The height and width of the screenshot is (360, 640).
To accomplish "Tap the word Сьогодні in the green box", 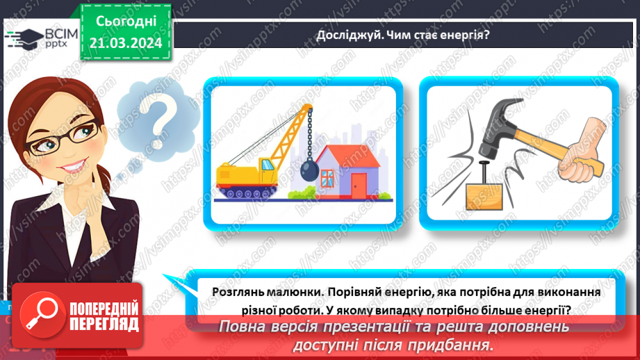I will tap(126, 23).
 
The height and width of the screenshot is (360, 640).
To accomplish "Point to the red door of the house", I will tap(359, 184).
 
